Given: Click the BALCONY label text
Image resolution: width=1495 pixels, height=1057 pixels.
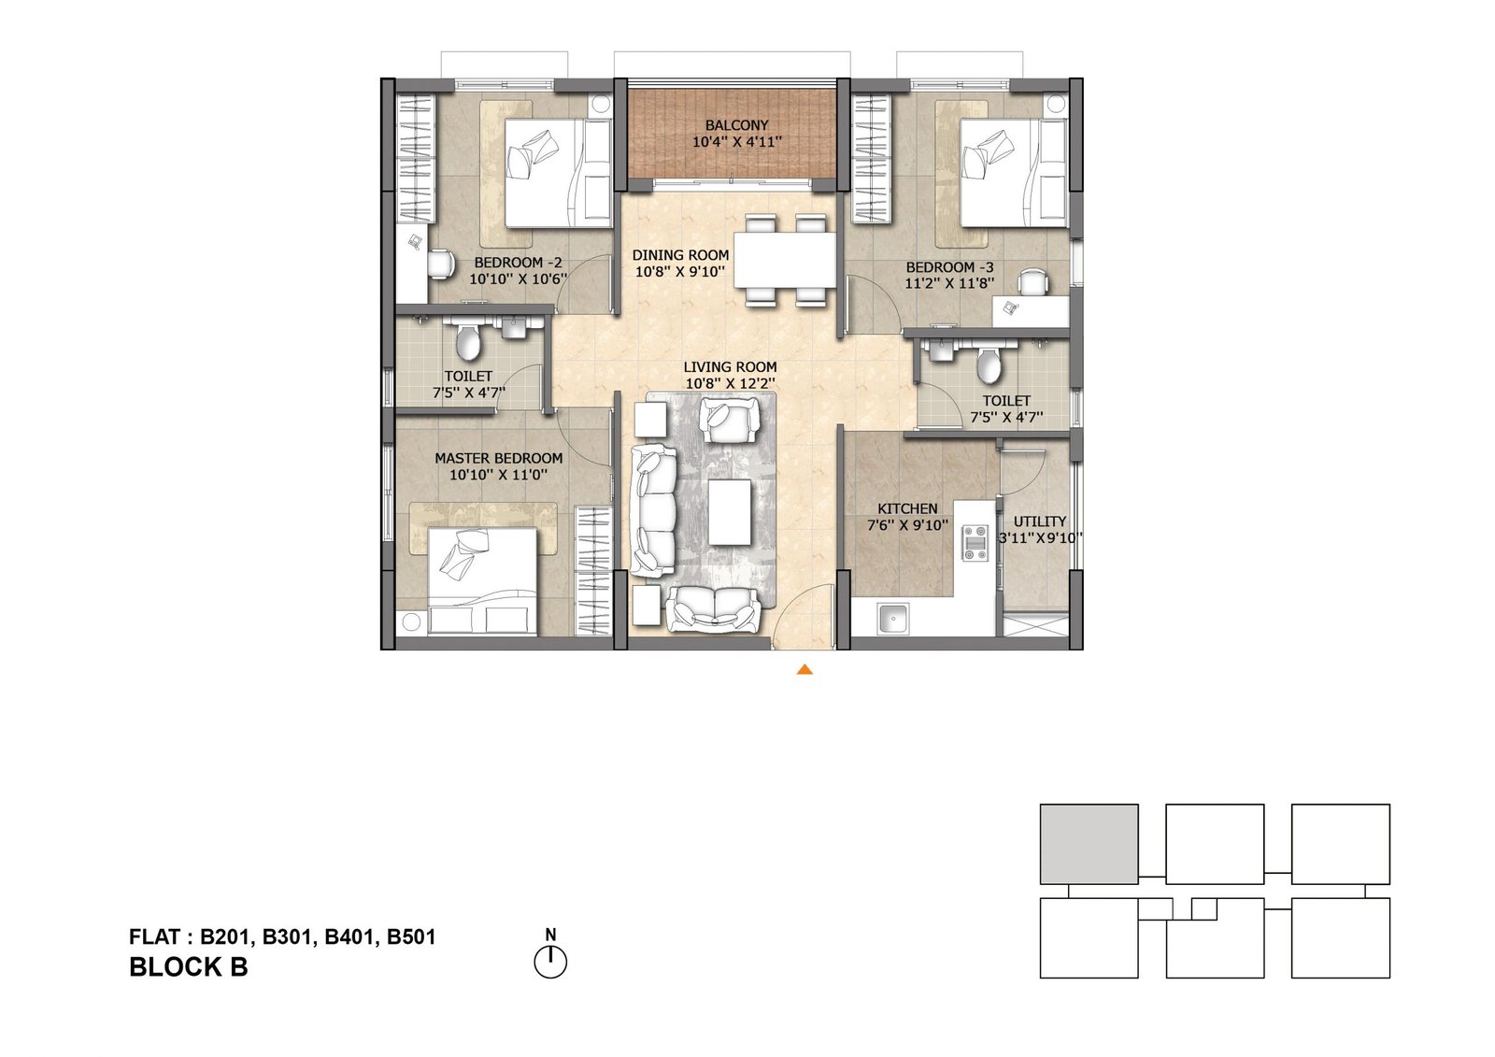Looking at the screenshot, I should (736, 125).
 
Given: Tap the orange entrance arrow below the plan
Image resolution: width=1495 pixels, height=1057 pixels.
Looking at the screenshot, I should (804, 669).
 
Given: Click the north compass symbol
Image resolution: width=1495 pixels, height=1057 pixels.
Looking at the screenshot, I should (550, 961).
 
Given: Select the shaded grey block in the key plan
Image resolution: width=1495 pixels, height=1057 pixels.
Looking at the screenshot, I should (1089, 844).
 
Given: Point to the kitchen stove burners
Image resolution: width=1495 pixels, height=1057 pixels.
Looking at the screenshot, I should (975, 543).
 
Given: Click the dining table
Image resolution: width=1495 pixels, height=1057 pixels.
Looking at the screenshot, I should (784, 260).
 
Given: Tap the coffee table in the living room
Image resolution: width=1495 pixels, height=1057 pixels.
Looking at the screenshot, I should (730, 512).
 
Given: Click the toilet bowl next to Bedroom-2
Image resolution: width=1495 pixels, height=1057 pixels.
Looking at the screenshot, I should (467, 343).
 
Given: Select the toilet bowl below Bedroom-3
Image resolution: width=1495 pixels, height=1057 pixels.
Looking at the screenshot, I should (988, 365).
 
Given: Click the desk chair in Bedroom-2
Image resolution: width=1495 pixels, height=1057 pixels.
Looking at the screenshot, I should (439, 264).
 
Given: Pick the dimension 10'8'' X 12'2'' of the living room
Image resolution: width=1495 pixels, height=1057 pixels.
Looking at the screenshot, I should (729, 383).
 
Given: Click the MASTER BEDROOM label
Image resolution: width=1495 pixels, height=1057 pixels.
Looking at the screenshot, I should (498, 458).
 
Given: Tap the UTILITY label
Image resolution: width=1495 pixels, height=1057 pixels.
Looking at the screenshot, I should (1040, 521).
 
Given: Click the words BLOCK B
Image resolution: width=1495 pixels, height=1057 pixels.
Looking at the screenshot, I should (189, 967).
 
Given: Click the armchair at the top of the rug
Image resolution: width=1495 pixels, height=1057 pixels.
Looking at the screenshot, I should (729, 420).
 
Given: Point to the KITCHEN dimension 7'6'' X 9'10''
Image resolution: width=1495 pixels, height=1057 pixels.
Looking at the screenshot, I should (907, 525).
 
